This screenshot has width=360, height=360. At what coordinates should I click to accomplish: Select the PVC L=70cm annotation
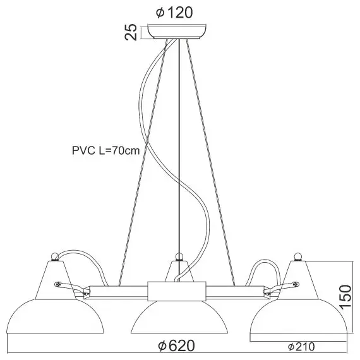pos(105,151)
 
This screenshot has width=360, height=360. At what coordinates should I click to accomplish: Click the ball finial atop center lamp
pos(179,256)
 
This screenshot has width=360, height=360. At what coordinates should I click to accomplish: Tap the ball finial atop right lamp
pos(297,255)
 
